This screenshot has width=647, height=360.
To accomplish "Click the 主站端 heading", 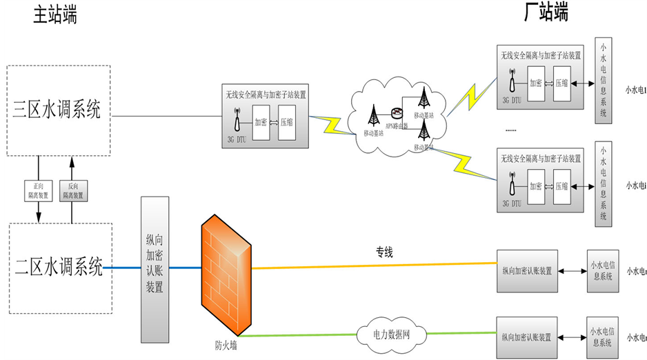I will coord(54,14).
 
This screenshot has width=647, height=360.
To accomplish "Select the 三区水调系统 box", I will coord(58,110).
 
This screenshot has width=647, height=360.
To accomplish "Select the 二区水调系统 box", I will coord(59,267).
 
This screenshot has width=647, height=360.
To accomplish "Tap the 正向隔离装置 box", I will coord(38,190).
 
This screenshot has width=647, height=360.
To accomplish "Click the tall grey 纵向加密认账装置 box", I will coord(155,264).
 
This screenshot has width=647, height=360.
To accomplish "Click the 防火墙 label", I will coord(226,343).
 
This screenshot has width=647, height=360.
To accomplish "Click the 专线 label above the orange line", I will coord(384,252).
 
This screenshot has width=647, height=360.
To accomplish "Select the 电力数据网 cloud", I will coord(391,334).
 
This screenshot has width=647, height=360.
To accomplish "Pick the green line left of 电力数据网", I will coord(303,336).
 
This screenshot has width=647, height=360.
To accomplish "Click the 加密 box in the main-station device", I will coord(261,123).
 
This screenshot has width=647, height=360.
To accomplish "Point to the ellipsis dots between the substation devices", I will coord(511,130).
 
